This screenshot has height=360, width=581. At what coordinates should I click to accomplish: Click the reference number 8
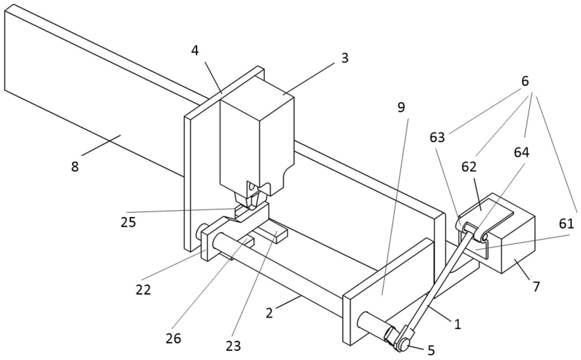(75, 167)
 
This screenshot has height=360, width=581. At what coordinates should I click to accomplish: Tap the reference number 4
(195, 51)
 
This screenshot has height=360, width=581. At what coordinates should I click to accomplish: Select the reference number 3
(345, 58)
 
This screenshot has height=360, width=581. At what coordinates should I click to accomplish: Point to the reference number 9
(401, 107)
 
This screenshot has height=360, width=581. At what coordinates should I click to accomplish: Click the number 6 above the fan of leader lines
(525, 81)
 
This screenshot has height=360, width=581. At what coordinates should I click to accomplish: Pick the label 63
(437, 138)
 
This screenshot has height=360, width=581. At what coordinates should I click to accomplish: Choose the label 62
(469, 167)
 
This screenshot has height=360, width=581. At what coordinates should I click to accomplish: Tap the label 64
(522, 152)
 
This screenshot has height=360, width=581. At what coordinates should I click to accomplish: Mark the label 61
(566, 224)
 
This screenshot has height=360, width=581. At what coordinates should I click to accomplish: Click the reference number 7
(536, 287)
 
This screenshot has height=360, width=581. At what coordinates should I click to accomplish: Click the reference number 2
(269, 313)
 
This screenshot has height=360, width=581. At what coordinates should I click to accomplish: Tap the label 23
(233, 346)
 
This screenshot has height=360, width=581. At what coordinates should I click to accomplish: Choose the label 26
(173, 339)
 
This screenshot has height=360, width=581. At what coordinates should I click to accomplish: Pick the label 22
(143, 290)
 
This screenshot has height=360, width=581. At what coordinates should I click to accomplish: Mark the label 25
(128, 222)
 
